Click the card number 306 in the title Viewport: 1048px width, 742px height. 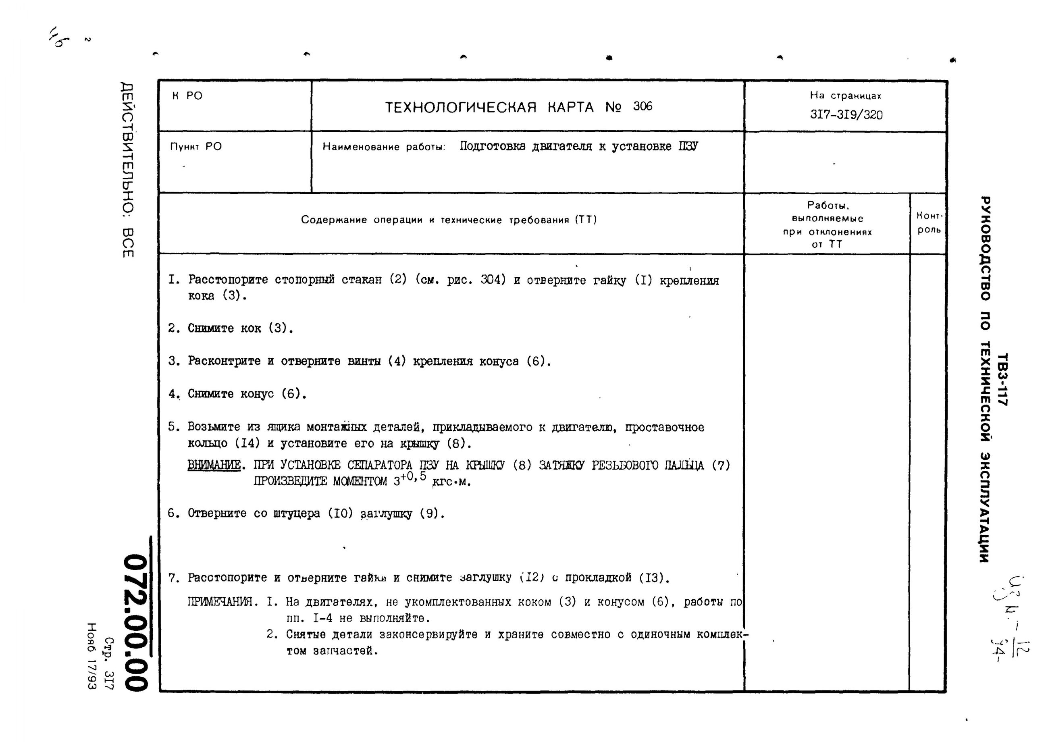coord(643,106)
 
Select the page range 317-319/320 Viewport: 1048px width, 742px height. coord(846,115)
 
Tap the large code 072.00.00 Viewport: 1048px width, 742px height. coord(137,622)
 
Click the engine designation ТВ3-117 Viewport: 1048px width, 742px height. coord(1002,379)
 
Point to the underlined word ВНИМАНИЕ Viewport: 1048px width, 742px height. coord(214,465)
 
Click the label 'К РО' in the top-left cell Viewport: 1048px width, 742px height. coord(187,96)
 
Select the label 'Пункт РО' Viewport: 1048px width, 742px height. coord(195,147)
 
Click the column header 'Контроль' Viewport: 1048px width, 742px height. coord(929,222)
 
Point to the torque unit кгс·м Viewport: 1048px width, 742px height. coord(451,482)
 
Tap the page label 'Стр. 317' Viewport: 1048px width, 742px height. coord(109,663)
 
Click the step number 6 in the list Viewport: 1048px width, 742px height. coord(172,513)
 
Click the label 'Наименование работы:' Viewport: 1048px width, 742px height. coord(384,147)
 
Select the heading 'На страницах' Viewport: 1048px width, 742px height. coord(845,96)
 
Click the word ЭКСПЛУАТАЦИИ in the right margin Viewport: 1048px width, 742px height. coord(986,507)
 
